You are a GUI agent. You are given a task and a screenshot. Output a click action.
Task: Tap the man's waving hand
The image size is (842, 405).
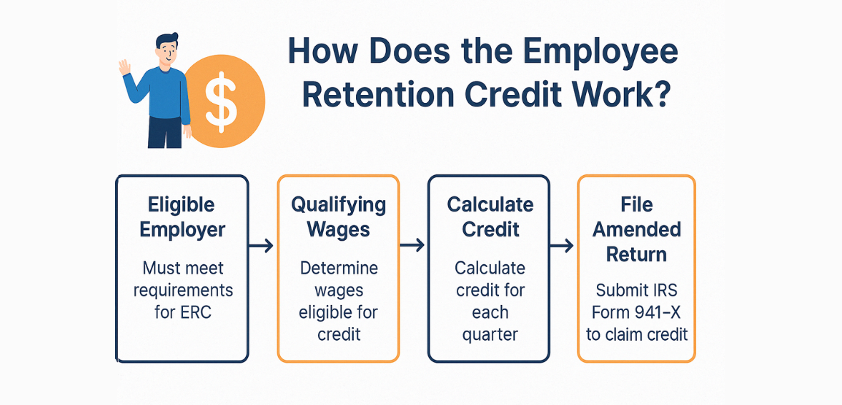click(x=124, y=67)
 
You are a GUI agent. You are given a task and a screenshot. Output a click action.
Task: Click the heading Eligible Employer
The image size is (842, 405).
click(x=182, y=217)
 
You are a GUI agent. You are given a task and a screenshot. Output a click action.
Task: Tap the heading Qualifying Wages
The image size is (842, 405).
click(x=338, y=217)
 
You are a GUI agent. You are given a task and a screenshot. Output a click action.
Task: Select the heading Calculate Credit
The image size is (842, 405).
click(x=489, y=217)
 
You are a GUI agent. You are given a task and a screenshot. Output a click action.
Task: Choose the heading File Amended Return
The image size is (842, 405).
click(x=636, y=229)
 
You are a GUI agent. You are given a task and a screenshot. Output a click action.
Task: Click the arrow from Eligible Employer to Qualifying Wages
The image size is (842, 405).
click(x=262, y=246)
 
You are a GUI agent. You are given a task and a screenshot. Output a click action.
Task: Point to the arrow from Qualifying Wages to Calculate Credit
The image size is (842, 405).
click(x=412, y=246)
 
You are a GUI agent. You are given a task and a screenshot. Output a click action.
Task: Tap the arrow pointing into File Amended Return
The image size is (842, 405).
click(x=563, y=246)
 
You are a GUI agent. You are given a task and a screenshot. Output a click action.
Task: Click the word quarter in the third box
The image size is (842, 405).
click(x=490, y=334)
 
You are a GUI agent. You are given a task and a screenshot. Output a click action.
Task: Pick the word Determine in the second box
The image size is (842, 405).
click(x=338, y=269)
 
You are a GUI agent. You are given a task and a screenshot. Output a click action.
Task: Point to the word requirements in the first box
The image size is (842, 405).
click(x=182, y=291)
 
